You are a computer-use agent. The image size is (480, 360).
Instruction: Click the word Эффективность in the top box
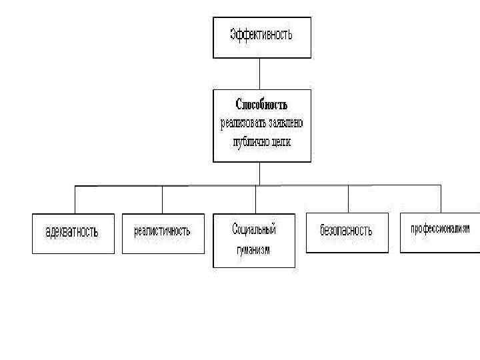pos(261,35)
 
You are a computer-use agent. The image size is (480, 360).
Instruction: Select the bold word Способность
pos(262,105)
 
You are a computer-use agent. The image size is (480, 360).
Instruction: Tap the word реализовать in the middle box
pos(242,123)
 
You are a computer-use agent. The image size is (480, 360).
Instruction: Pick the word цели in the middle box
pos(281,142)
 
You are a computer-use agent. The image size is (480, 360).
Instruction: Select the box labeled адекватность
pos(73,233)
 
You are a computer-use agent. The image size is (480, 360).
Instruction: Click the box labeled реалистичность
pos(162,232)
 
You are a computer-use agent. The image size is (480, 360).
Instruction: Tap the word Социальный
pos(254,229)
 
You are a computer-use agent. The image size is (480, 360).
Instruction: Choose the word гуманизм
pos(254,250)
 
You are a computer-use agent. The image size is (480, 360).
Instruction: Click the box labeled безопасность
pos(347,231)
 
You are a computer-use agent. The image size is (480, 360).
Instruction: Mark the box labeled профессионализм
pos(440,230)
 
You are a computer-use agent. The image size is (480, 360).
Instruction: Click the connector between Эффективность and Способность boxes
pos(260,73)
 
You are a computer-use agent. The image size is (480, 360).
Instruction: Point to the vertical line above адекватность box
pos(75,199)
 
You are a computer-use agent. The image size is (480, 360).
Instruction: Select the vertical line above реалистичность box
pos(163,199)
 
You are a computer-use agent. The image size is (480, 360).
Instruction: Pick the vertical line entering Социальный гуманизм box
pos(255,199)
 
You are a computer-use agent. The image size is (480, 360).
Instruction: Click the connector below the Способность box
pos(260,173)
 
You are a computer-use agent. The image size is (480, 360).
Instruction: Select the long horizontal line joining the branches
pos(200,185)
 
